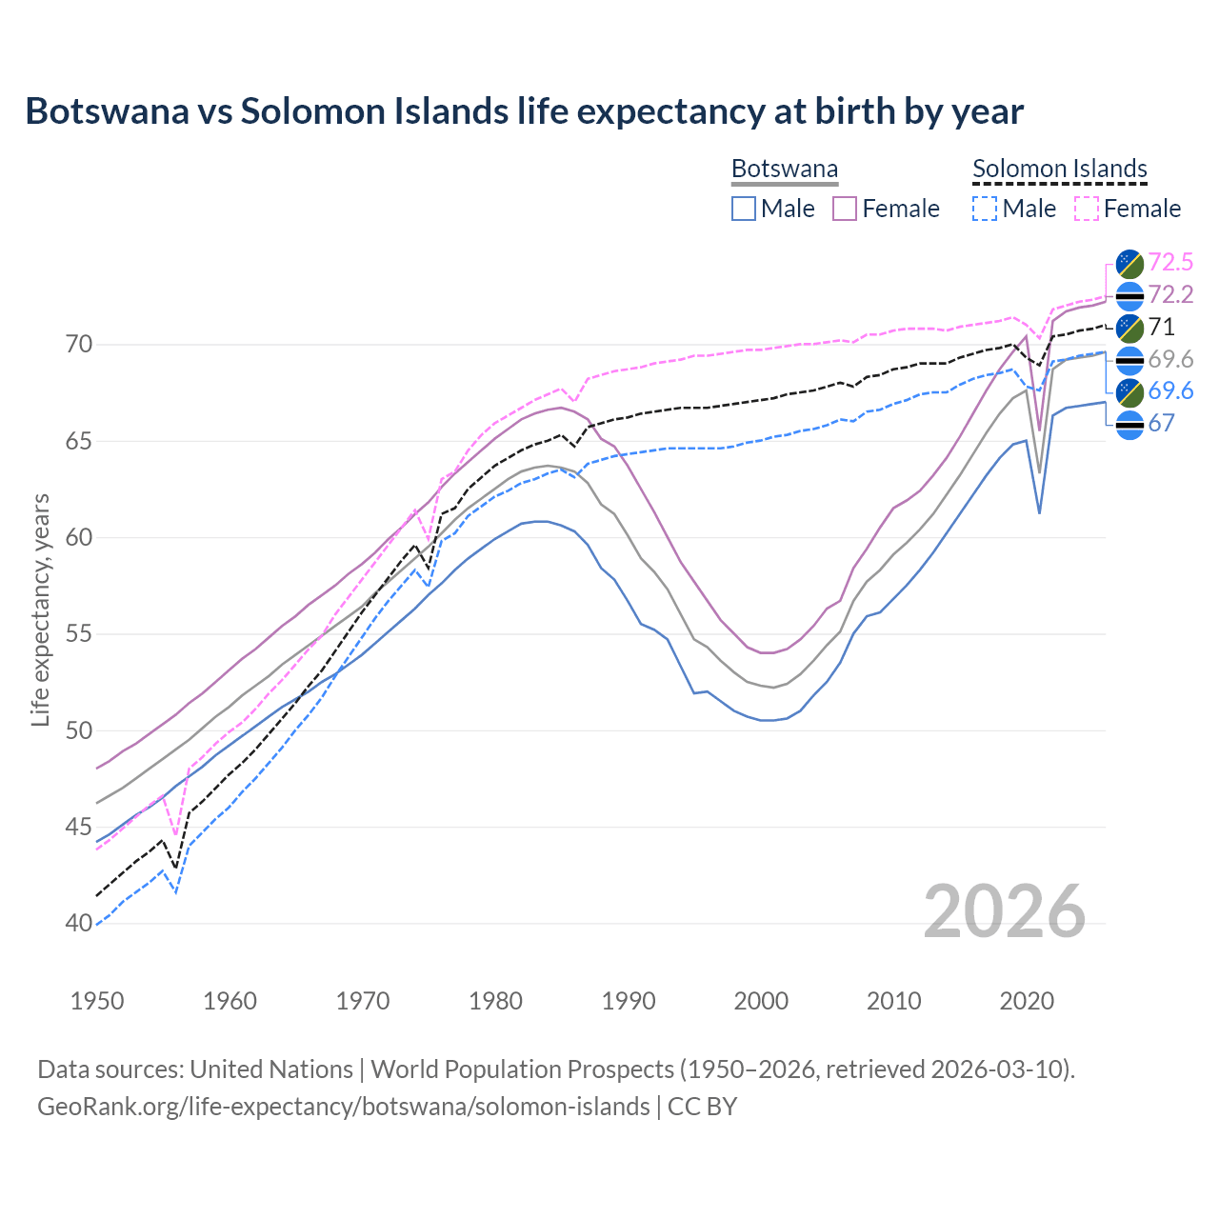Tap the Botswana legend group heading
pos(785,170)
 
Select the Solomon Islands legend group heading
pos(1059,170)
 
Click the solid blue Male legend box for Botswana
pos(744,209)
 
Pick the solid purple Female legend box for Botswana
pos(846,209)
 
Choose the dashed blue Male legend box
pos(986,209)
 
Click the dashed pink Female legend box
pos(1087,209)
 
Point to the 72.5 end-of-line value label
pos(1170,262)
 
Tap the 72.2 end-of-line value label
pos(1170,294)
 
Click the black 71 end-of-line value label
pos(1161,327)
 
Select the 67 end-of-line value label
pos(1161,424)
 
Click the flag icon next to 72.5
pos(1129,263)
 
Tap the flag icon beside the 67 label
pos(1129,425)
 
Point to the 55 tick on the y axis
pos(53,634)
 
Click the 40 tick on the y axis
pos(53,924)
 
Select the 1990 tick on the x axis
pos(629,1001)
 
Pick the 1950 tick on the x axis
pos(97,1001)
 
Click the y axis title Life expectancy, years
pos(41,609)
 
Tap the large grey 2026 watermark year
pos(1005,911)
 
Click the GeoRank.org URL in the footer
pos(343,1107)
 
